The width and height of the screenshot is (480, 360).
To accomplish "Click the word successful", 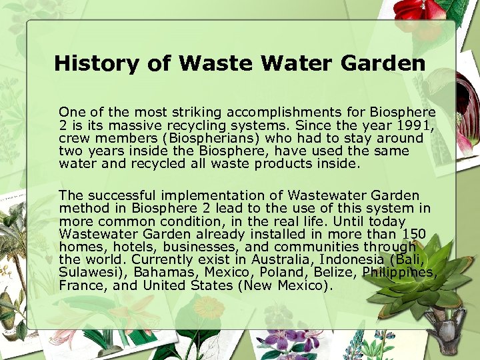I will click(121, 196).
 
